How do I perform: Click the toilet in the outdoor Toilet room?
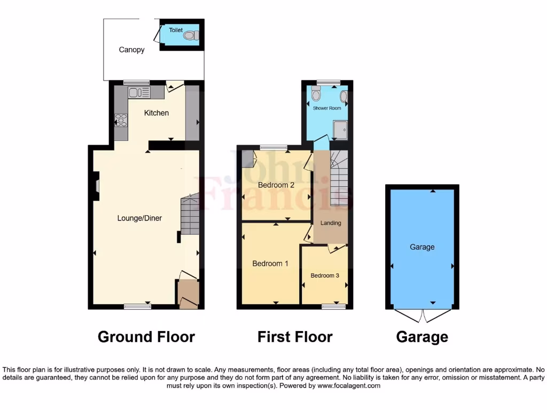190,36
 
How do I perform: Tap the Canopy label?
131,50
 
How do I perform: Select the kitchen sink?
138,92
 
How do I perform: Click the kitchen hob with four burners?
121,120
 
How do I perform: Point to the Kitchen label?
157,113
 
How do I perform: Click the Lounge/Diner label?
140,218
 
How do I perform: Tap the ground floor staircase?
190,215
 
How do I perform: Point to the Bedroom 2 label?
276,185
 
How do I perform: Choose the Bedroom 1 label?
270,263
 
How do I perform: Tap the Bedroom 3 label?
325,275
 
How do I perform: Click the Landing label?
331,223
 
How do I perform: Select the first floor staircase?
339,179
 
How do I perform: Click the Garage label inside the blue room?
422,247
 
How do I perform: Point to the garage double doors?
423,316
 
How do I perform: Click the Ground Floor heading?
146,337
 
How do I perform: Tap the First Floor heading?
295,337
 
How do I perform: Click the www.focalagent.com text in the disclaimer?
348,385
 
